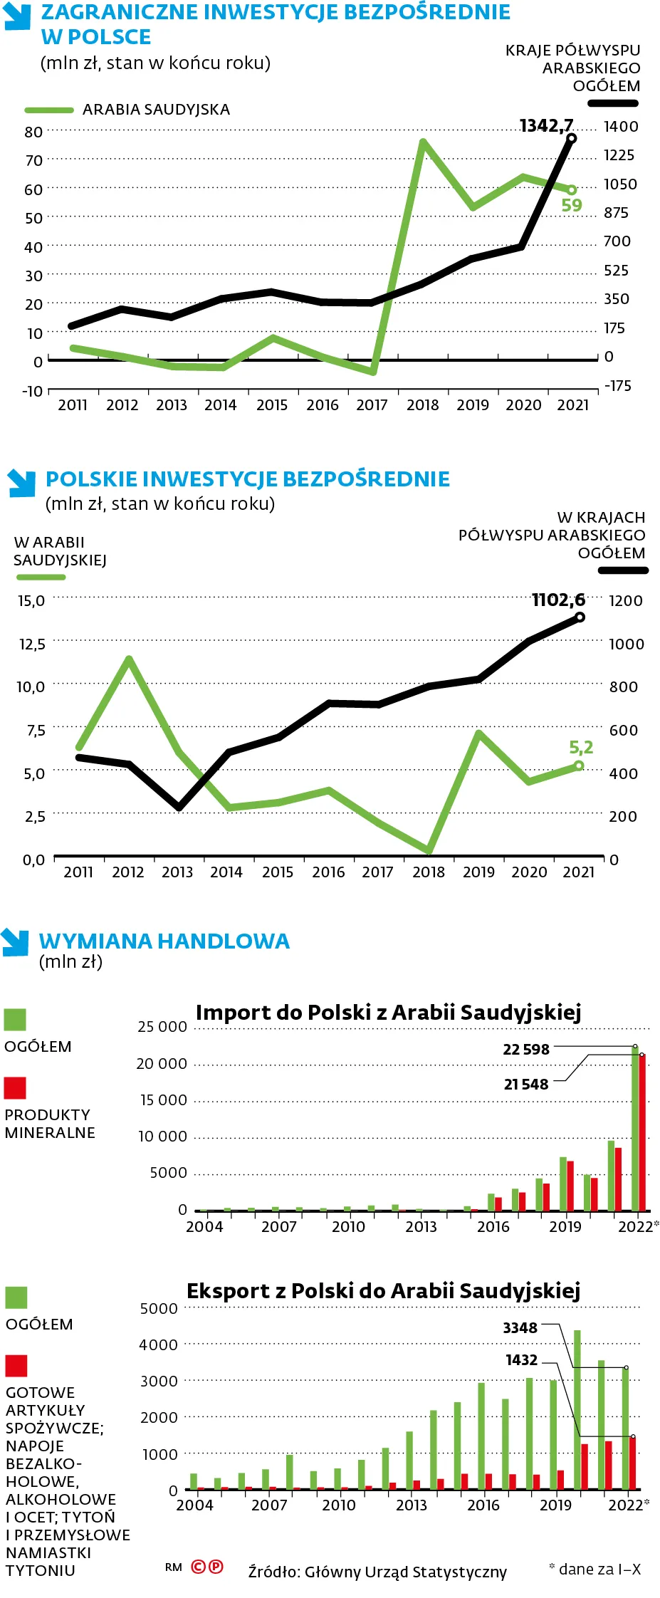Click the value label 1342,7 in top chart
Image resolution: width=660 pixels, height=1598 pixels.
[x=546, y=126]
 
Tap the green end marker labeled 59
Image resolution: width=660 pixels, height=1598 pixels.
[x=571, y=190]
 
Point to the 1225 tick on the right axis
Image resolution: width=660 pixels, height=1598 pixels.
[x=619, y=155]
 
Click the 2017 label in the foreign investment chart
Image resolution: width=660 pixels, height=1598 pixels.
[x=372, y=405]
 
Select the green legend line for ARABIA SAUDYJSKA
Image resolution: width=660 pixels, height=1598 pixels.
[x=49, y=110]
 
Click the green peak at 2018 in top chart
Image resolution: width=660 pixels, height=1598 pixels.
[x=424, y=143]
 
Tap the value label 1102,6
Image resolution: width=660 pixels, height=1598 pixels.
[x=558, y=600]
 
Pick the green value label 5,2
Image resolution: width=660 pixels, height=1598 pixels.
[x=581, y=747]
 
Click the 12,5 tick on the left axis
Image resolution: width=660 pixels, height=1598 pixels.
[x=32, y=644]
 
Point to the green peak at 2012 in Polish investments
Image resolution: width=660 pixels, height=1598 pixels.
[x=129, y=660]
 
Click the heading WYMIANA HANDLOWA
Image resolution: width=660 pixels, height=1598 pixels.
[x=164, y=941]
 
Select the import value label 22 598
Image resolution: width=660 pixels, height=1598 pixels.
[x=526, y=1050]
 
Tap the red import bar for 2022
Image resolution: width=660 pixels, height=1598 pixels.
[x=642, y=1132]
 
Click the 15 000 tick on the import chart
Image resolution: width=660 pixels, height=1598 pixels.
[x=163, y=1100]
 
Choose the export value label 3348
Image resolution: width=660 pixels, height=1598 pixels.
[x=520, y=1328]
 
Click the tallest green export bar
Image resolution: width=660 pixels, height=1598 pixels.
[x=577, y=1409]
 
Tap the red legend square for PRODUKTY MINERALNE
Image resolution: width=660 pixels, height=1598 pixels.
[x=15, y=1088]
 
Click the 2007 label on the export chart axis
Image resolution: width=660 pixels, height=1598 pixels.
[x=269, y=1505]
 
